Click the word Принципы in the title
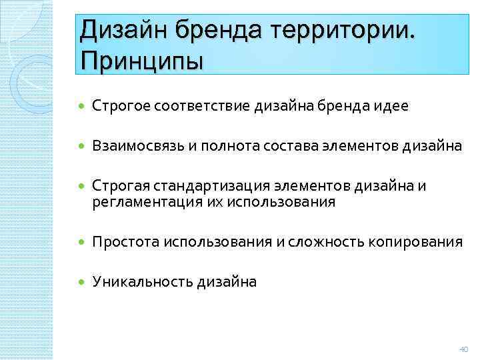[x=141, y=63]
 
